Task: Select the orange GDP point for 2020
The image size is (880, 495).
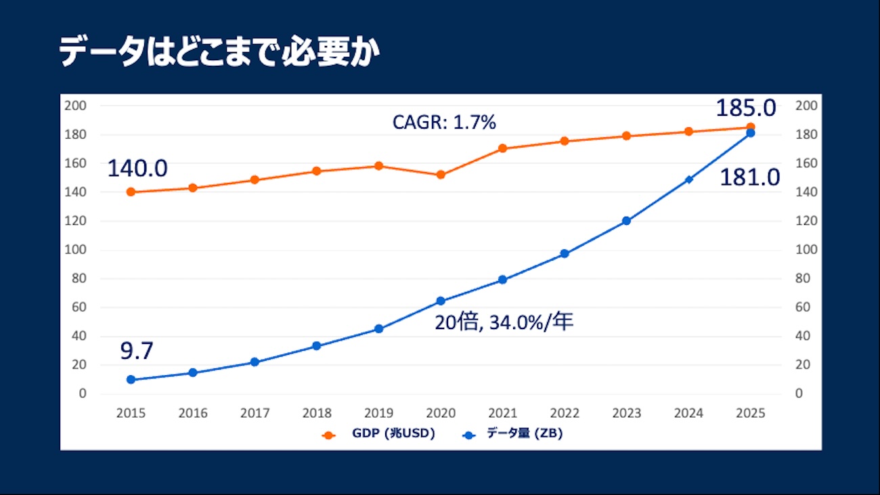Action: coord(441,175)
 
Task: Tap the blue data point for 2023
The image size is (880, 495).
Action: coord(626,221)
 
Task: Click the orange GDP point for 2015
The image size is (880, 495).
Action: coord(131,192)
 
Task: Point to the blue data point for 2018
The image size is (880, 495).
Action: coord(317,346)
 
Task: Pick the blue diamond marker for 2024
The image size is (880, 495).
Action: coord(688,179)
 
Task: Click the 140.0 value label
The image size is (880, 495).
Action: coord(137,168)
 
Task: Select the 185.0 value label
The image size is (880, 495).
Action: coord(747,107)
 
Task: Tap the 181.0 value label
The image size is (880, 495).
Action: coord(749,177)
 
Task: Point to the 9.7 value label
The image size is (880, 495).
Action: coord(137,351)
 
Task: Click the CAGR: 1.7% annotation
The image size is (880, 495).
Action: coord(444,123)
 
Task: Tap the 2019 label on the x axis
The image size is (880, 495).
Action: coord(378,413)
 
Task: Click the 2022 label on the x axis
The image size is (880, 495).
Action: coord(565,413)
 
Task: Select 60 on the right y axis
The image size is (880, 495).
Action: coord(804,307)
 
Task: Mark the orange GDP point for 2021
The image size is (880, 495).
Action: coord(502,148)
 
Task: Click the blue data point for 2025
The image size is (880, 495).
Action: coord(750,133)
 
